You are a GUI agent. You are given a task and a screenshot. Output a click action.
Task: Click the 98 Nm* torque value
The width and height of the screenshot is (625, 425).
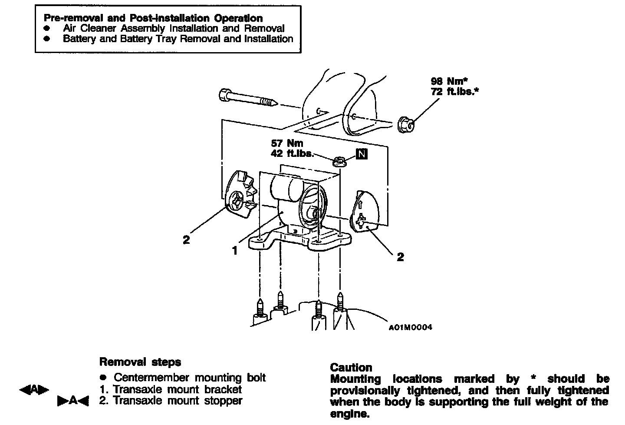(452, 81)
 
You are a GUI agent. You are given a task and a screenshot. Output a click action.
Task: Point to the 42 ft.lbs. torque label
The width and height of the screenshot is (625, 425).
(292, 153)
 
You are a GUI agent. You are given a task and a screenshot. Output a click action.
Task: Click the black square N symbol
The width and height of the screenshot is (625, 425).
(362, 153)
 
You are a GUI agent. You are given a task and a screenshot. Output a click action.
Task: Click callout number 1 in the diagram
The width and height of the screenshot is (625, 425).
(234, 251)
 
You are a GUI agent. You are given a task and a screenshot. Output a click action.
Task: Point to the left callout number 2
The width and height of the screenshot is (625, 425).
(186, 240)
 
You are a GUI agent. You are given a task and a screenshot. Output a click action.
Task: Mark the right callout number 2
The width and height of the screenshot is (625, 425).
(400, 257)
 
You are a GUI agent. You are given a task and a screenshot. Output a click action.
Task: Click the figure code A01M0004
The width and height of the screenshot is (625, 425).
(410, 328)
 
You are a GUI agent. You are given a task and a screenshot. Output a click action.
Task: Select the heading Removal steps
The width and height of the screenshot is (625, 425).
(140, 362)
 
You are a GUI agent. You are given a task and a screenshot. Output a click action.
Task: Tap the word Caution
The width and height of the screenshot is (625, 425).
(351, 368)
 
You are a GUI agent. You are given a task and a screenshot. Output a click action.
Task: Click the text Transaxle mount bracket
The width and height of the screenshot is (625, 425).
(177, 389)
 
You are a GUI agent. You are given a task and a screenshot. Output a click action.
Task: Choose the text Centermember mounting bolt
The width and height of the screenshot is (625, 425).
(190, 378)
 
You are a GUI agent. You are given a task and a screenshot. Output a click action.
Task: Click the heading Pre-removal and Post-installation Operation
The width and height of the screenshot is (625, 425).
(153, 18)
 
